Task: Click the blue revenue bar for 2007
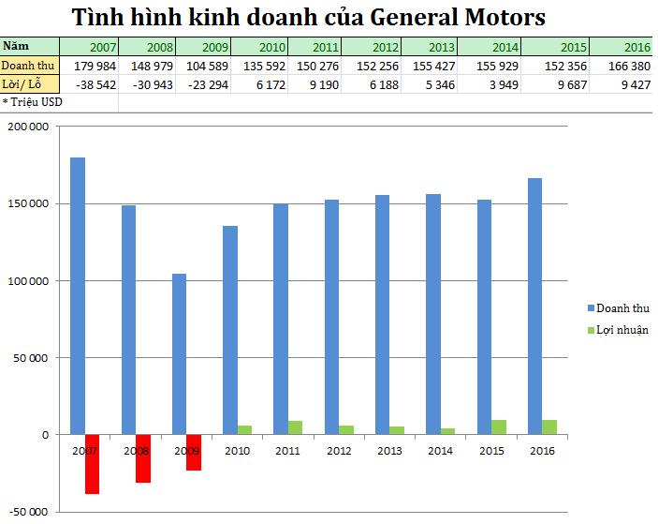tap(78, 295)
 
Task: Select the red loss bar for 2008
tap(143, 458)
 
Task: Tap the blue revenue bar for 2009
tap(179, 353)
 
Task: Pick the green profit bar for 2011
tap(295, 427)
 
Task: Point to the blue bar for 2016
tap(534, 306)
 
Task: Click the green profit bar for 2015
tap(499, 427)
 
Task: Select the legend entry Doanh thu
tap(622, 307)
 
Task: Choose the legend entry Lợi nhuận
tap(622, 329)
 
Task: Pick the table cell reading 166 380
tap(626, 65)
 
